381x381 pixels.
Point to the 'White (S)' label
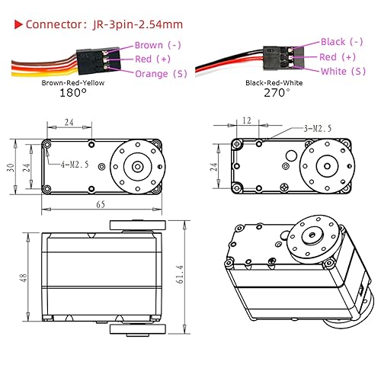343,71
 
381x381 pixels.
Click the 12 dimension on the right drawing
246,121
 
